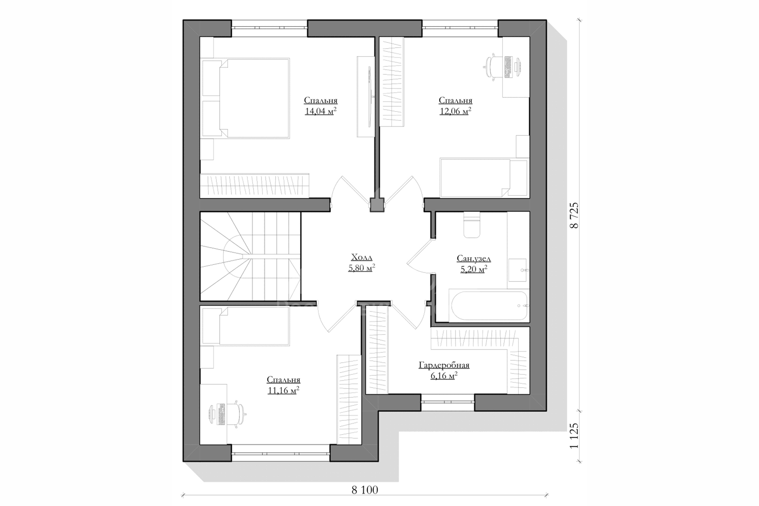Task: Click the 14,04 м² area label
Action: (321, 111)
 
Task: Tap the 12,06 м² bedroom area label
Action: (455, 111)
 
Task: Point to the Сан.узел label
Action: (474, 259)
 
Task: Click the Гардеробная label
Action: (444, 365)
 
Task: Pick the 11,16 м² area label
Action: (283, 390)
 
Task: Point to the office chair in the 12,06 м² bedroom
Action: (494, 68)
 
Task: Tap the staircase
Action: (250, 257)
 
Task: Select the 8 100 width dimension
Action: (365, 490)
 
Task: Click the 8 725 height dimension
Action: (575, 215)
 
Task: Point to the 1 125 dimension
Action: (575, 436)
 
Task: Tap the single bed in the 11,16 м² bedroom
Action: (246, 326)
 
